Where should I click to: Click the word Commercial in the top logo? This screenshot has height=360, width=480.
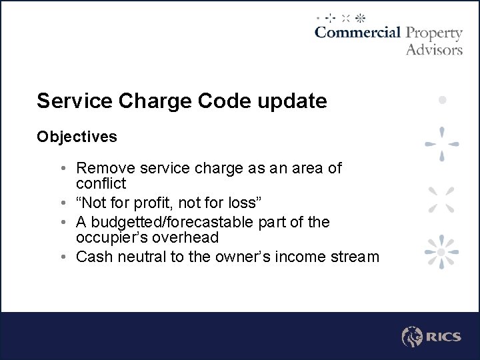357,33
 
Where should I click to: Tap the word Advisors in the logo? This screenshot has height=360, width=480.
434,49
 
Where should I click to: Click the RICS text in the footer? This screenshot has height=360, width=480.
443,337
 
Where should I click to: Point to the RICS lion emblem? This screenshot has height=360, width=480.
412,337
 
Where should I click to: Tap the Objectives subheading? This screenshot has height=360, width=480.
77,137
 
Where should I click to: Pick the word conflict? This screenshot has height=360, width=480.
101,183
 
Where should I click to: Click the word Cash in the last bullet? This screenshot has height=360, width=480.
93,257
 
